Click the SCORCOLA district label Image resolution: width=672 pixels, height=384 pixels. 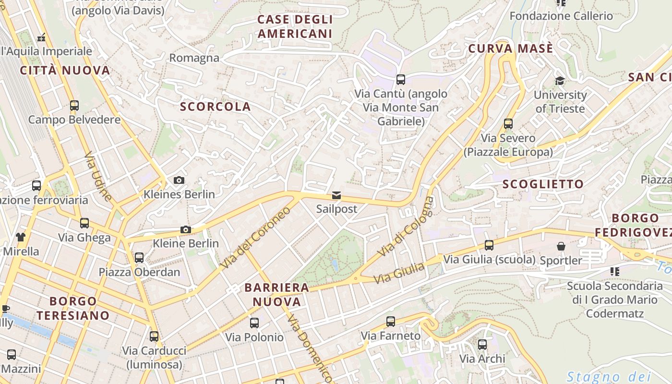click(x=215, y=107)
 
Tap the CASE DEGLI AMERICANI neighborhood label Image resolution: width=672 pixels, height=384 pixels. click(x=295, y=26)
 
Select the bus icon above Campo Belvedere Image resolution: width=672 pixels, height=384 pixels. click(x=74, y=105)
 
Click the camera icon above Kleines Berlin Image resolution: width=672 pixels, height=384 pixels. click(x=179, y=180)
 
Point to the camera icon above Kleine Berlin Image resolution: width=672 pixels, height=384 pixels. click(x=186, y=229)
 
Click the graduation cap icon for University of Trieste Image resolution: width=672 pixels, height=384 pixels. click(x=560, y=81)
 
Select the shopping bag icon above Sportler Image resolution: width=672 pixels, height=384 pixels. click(x=561, y=246)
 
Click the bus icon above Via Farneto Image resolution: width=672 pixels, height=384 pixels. click(x=391, y=321)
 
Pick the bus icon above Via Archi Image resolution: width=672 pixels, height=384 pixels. click(x=482, y=344)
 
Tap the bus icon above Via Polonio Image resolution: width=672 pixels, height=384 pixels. click(x=254, y=323)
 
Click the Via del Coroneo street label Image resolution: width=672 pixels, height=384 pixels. click(x=255, y=238)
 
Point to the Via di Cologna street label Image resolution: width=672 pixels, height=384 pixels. click(x=406, y=226)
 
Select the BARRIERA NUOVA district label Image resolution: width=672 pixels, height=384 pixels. click(x=277, y=295)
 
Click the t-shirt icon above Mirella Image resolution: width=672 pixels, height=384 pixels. click(x=21, y=237)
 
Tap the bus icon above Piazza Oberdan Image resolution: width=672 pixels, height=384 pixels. click(x=139, y=258)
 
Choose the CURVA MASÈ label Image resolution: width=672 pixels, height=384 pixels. click(x=510, y=48)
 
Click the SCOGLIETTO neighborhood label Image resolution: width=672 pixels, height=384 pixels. click(x=543, y=184)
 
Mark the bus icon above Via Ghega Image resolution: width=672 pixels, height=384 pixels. click(x=84, y=223)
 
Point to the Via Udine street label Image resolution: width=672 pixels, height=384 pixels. click(x=98, y=176)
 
